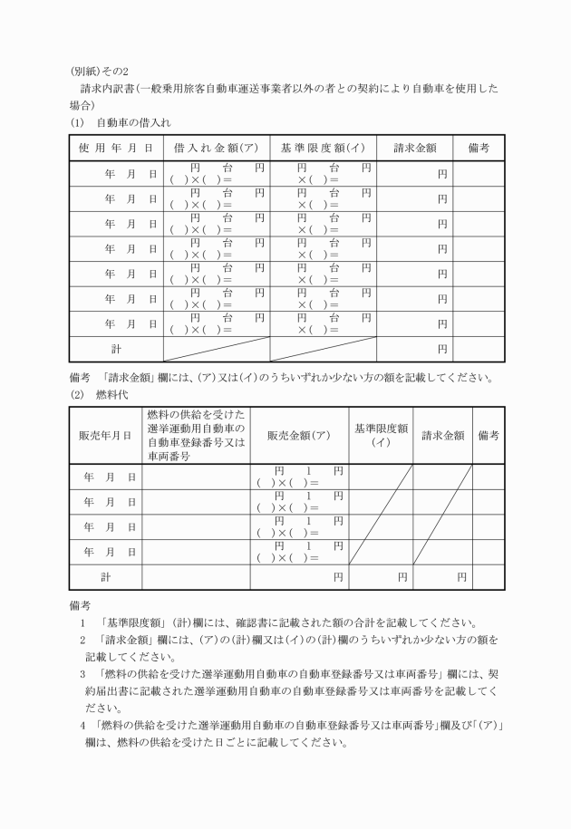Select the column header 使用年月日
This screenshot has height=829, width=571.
tap(115, 148)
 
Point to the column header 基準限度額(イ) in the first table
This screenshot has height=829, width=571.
tap(323, 148)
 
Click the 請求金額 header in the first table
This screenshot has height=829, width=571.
tap(415, 148)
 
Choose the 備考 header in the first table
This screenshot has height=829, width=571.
tap(479, 148)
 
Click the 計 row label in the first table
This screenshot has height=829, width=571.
tap(115, 348)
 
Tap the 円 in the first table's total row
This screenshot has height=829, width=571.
tap(441, 348)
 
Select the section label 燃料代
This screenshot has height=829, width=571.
tap(112, 394)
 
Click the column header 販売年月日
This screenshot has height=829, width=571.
tap(105, 435)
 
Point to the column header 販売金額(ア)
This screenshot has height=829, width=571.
tap(299, 435)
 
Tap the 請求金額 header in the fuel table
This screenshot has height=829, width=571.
tap(443, 435)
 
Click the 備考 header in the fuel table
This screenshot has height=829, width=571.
tap(489, 435)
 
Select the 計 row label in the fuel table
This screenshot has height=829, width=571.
tap(105, 576)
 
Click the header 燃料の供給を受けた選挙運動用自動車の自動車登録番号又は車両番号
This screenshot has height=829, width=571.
tap(195, 435)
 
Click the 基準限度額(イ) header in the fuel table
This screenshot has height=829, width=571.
tap(381, 435)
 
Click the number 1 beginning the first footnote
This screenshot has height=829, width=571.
tap(82, 622)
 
